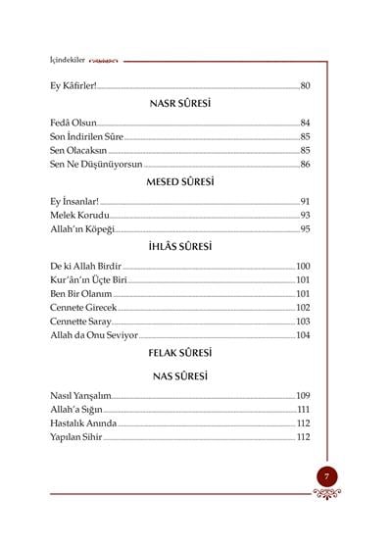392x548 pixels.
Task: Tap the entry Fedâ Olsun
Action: coord(70,123)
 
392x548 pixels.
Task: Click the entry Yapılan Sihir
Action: coord(76,437)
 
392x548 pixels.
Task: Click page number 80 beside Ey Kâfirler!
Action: coord(305,86)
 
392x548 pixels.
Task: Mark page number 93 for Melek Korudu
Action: coord(305,215)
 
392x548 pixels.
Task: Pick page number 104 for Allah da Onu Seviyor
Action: coord(303,336)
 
